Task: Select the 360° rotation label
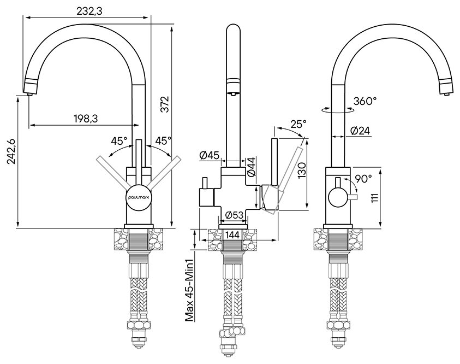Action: click(x=365, y=101)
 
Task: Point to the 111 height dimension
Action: click(x=376, y=198)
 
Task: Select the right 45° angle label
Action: click(x=163, y=141)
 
